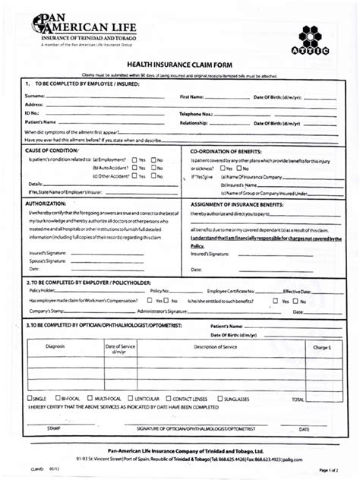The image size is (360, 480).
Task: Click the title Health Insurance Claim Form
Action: click(x=180, y=66)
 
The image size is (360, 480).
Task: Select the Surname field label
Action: click(x=35, y=97)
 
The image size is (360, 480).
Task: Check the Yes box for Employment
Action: click(x=134, y=159)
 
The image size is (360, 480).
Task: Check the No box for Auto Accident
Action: click(x=153, y=168)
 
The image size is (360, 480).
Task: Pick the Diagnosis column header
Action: click(x=55, y=346)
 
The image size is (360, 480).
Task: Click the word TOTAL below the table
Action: click(x=298, y=399)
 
